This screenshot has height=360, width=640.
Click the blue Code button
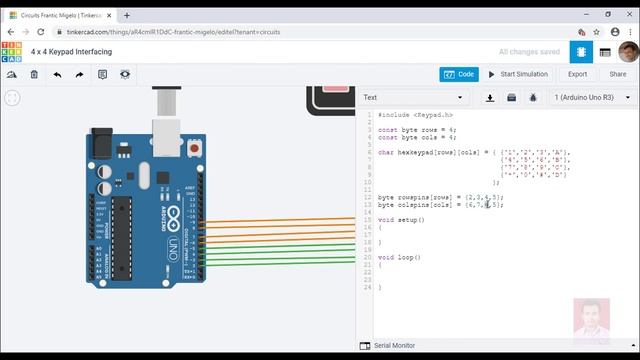point(459,74)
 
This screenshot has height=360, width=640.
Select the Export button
point(577,74)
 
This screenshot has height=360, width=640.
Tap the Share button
point(617,74)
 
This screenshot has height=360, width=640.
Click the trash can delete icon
point(34,74)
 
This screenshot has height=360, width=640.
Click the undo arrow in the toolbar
point(57,74)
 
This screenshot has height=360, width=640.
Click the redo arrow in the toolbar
point(79,74)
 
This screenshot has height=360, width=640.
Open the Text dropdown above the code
point(413,97)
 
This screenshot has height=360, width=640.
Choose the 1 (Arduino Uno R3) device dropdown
point(589,97)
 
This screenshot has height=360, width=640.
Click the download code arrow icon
point(490,97)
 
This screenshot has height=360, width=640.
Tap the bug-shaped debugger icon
point(532,97)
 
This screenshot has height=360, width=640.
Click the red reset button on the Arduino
point(192,149)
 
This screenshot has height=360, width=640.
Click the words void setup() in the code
point(401,219)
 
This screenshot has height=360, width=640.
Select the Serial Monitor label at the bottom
point(394,346)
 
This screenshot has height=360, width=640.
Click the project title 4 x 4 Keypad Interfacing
point(71,51)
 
